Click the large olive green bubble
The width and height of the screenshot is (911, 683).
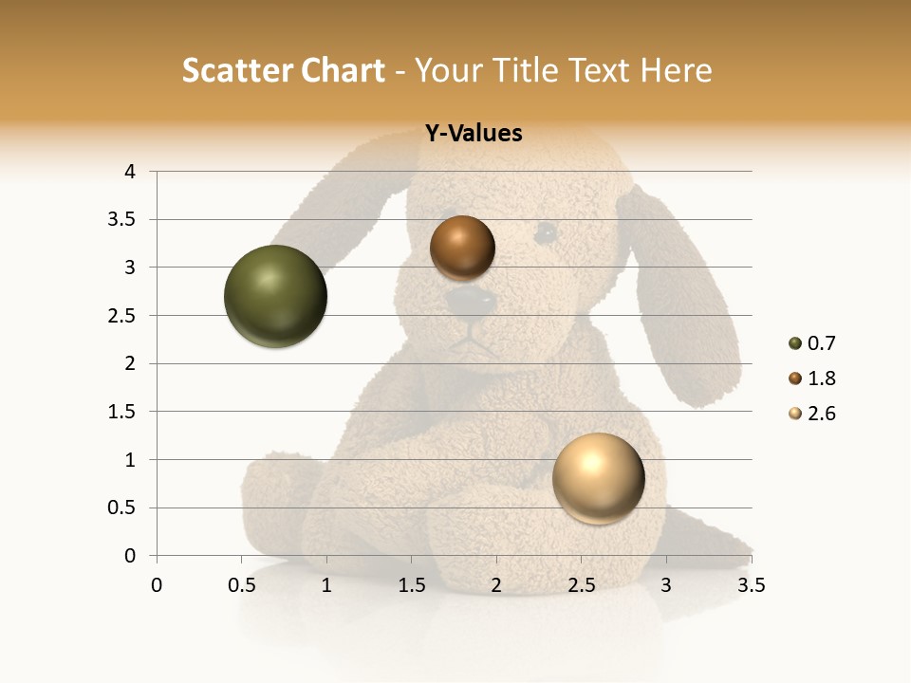[x=275, y=296]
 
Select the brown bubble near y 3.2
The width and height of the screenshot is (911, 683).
[x=462, y=249]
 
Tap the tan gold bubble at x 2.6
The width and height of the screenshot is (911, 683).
[x=598, y=478]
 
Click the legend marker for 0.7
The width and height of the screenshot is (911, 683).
[x=795, y=343]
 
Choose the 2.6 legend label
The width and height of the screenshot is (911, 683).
[x=822, y=414]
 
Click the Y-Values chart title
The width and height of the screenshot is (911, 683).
[x=473, y=134]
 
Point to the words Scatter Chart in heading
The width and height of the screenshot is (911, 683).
[x=283, y=70]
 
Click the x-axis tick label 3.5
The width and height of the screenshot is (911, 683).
[x=751, y=585]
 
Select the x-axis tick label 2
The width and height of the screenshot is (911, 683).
[x=496, y=585]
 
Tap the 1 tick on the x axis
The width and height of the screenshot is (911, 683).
[x=326, y=585]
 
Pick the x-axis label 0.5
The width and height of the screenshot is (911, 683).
[x=241, y=585]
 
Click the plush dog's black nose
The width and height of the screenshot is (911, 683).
[x=472, y=302]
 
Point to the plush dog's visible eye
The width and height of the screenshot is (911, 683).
[x=545, y=232]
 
